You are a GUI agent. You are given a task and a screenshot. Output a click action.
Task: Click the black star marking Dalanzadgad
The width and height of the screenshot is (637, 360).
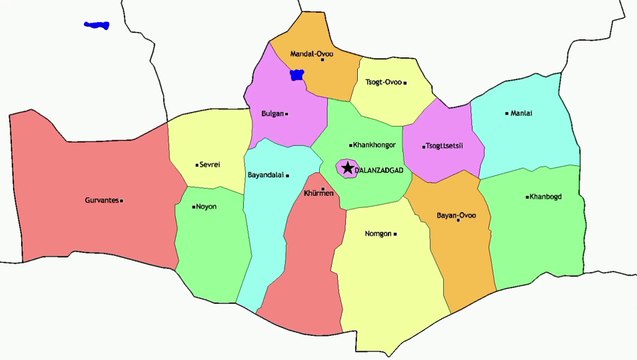347,168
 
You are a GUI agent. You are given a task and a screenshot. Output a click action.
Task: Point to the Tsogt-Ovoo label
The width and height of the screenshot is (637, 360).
382,83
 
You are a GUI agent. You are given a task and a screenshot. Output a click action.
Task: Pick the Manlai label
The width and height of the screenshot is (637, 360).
521,113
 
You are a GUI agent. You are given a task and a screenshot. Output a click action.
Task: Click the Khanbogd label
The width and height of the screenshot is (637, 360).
546,197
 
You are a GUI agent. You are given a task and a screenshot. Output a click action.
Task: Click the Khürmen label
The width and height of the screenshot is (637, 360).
319,193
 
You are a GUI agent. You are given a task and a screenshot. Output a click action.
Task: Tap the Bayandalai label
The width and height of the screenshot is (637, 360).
265,176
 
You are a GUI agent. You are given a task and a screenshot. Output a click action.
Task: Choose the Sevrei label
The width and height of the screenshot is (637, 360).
210,164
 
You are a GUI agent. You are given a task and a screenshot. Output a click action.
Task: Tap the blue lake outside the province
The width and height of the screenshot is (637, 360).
97,24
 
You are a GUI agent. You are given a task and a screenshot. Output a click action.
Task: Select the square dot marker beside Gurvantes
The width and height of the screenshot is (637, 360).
121,200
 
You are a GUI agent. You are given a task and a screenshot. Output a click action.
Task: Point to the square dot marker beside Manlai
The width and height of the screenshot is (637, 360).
507,113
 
